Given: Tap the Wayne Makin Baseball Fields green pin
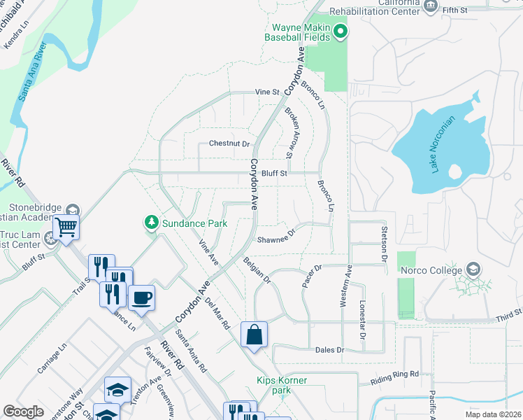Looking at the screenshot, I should point(341,30).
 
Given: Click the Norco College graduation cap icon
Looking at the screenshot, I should point(474,270).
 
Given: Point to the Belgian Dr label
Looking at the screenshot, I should point(257,269).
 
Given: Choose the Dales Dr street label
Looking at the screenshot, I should point(330,350).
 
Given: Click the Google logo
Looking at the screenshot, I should point(23,412).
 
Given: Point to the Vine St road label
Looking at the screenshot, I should point(267,92).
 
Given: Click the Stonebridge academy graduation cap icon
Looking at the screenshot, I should point(72,211).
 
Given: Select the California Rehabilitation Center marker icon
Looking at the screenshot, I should point(431,6).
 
